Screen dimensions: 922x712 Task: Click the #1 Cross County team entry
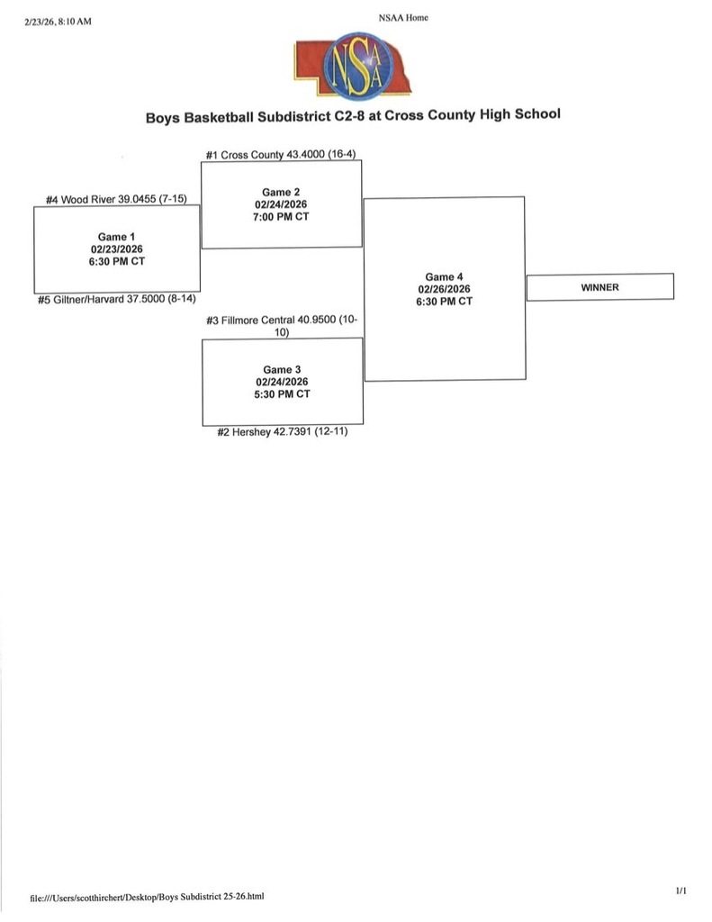pos(281,155)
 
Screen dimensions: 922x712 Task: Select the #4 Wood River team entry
pos(116,200)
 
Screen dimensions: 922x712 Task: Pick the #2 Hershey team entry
pos(282,432)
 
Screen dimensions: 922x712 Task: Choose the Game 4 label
pos(444,277)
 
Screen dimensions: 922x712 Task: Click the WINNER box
pos(599,287)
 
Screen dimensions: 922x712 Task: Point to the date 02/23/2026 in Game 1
pos(117,249)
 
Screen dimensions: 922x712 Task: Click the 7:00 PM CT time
pos(281,217)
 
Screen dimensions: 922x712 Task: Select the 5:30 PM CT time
pos(281,394)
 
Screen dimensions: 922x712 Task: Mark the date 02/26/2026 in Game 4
pos(444,289)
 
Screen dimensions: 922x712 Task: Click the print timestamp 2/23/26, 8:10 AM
pos(59,22)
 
